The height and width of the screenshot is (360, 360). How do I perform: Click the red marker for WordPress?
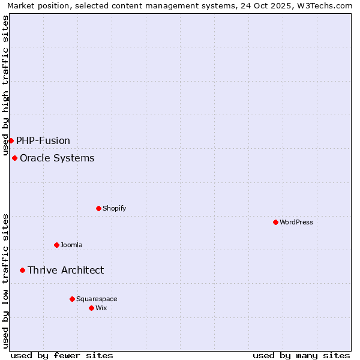275,222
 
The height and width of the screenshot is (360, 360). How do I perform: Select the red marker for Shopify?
98,208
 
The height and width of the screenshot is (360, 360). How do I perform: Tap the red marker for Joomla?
56,245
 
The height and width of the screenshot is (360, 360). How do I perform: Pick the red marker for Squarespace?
72,299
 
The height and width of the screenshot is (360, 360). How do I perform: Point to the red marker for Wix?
91,308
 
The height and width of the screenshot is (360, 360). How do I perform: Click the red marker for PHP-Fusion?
11,140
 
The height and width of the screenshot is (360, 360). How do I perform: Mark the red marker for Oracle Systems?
14,158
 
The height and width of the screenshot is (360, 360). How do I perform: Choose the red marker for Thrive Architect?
22,270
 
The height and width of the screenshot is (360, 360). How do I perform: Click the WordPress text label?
296,222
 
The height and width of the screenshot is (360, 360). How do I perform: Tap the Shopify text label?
114,208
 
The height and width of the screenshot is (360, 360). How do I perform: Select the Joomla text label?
71,245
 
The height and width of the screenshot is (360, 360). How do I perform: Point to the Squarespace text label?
97,299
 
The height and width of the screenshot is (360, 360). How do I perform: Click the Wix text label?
101,308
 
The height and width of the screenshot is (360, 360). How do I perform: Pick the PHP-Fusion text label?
43,140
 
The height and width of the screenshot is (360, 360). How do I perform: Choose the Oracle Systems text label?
57,158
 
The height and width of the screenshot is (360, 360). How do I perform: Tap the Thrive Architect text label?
65,270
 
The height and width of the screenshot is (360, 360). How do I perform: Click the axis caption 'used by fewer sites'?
62,355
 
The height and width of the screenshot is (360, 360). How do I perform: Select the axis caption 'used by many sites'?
301,355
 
